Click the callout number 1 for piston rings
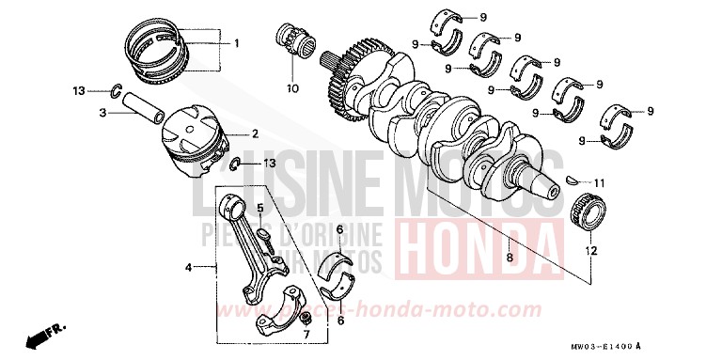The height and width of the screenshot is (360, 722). tap(237, 43)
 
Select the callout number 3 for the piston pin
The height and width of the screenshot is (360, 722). tap(104, 113)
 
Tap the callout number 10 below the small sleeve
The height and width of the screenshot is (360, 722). tap(291, 90)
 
